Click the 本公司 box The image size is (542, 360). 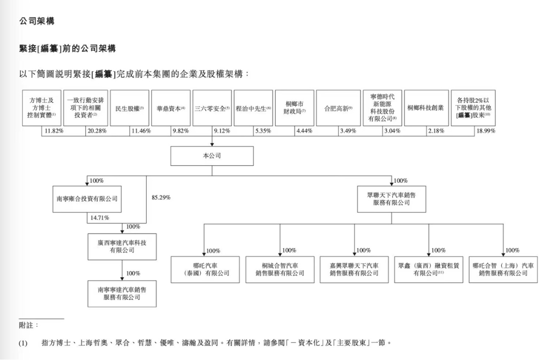[x=212, y=156]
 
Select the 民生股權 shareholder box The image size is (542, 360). [x=129, y=108]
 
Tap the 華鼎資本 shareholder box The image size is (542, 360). [x=171, y=108]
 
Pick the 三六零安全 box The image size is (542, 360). [x=212, y=108]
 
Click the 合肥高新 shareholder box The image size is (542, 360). [x=339, y=108]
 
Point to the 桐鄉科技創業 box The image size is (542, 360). [x=426, y=108]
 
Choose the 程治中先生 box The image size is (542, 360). [x=253, y=108]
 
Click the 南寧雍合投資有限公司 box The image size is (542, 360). [x=87, y=199]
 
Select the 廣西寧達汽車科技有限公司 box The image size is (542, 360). [x=122, y=246]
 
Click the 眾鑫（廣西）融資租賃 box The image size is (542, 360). [x=428, y=269]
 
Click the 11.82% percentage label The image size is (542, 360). [x=53, y=131]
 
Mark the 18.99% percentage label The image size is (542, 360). [x=485, y=131]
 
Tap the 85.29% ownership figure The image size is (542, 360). [x=161, y=197]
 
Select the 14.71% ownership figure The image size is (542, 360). [x=100, y=218]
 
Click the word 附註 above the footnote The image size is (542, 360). [x=29, y=325]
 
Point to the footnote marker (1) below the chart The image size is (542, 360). [x=23, y=343]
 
